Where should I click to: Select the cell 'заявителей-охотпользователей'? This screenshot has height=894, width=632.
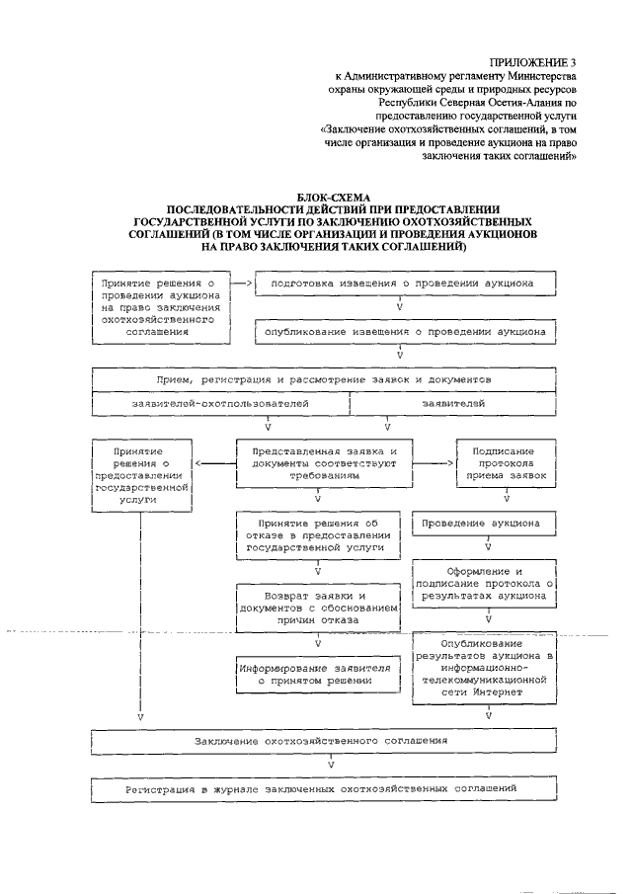[220, 405]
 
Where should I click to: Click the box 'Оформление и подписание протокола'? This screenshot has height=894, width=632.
[488, 584]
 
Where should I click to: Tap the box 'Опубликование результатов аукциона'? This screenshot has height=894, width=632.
[488, 667]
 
